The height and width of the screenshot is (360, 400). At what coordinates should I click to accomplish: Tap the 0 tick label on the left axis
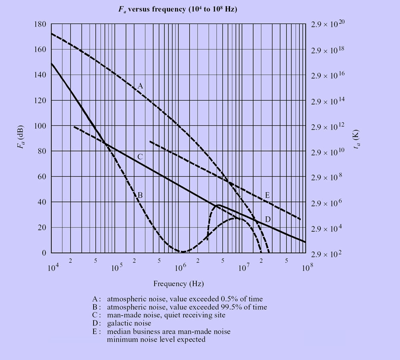(x=44, y=253)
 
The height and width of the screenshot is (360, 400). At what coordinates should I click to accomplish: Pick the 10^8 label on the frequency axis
(x=306, y=267)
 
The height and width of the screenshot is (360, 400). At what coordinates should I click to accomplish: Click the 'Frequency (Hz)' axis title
(x=178, y=284)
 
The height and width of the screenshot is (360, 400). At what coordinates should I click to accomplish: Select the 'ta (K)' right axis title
(x=356, y=140)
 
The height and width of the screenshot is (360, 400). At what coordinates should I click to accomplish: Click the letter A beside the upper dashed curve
(x=140, y=85)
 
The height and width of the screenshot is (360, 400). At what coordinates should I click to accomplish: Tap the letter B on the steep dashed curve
(x=140, y=195)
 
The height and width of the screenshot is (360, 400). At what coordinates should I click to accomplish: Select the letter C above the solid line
(x=140, y=157)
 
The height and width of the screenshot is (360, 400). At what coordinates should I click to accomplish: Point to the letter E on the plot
(x=267, y=195)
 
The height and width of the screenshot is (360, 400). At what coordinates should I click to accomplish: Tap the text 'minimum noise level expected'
(x=156, y=340)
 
